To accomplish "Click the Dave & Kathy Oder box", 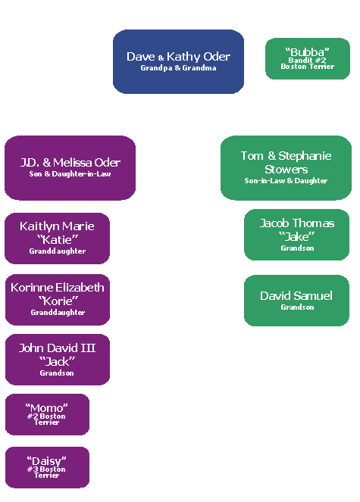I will (178, 61).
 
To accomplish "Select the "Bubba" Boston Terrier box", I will (307, 58).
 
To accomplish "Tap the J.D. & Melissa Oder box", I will (70, 167).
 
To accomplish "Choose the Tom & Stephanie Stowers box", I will (286, 167).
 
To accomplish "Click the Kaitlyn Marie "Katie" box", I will (58, 238).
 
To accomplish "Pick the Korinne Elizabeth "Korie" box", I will (58, 299).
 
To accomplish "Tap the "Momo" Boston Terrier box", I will (47, 415).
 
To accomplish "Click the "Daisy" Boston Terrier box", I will (47, 467).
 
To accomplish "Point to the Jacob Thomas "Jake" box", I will (296, 235).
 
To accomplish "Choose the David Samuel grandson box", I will (296, 300).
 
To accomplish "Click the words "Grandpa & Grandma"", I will (178, 68).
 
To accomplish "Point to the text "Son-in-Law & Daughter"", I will (286, 181).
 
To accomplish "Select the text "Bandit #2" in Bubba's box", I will (307, 59).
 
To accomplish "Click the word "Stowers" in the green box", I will (286, 169).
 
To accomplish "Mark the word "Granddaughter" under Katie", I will (58, 251).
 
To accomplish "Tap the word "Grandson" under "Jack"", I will (58, 373).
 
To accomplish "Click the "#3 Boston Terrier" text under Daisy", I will (47, 472).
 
